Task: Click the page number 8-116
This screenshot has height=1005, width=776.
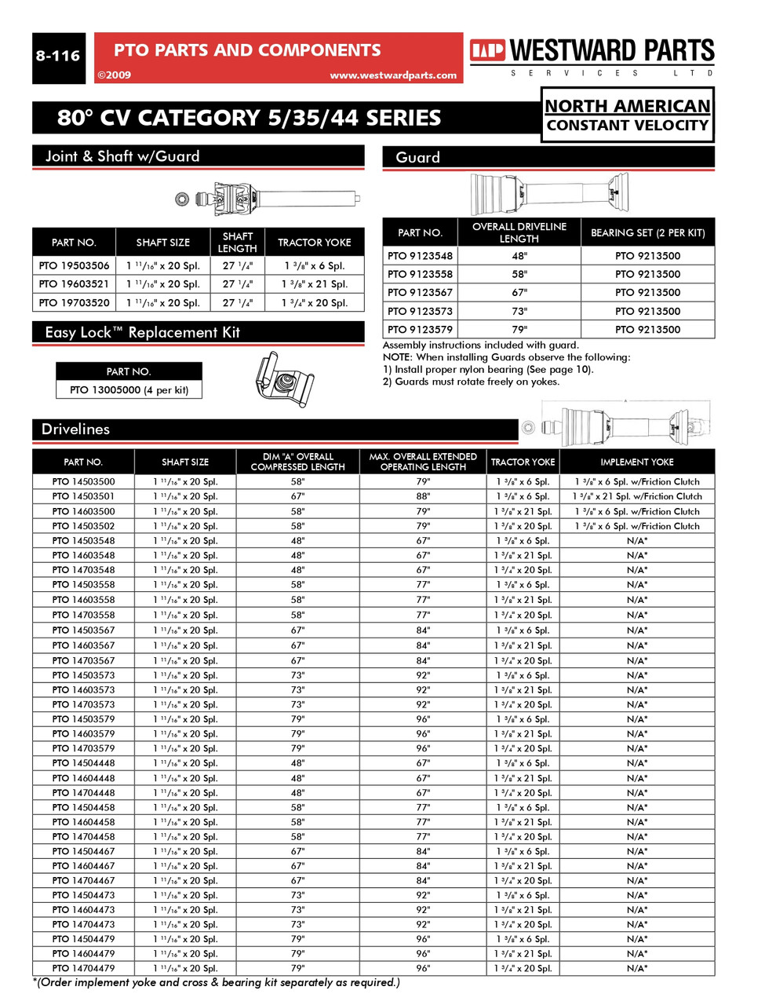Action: coord(58,57)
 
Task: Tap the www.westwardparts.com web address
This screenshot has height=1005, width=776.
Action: coord(392,75)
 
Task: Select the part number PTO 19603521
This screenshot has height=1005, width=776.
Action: coord(74,284)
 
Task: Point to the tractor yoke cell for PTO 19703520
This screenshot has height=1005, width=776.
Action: coord(314,303)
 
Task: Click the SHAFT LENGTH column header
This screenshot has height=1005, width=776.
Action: coord(237,242)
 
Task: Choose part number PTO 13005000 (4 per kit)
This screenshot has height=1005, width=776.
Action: coord(129,390)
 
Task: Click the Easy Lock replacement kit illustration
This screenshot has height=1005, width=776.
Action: coord(284,380)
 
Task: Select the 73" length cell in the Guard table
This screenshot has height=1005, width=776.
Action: coord(519,311)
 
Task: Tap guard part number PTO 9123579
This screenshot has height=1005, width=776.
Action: coord(420,330)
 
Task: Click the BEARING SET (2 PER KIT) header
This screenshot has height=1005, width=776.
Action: coord(647,233)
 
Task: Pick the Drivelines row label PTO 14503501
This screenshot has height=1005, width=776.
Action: coord(83,496)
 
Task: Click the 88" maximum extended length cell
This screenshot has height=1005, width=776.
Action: coord(423,496)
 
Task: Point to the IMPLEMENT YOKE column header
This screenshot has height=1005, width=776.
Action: coord(636,462)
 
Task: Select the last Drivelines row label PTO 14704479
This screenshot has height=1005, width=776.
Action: coord(83,968)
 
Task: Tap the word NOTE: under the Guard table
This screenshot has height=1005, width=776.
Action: coord(399,357)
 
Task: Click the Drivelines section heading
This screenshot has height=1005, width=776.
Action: coord(75,429)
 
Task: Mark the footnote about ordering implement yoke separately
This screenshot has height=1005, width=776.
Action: coord(217,982)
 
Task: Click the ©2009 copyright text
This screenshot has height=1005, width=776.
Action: coord(114,75)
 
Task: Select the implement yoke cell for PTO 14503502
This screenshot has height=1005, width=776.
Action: coord(636,526)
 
